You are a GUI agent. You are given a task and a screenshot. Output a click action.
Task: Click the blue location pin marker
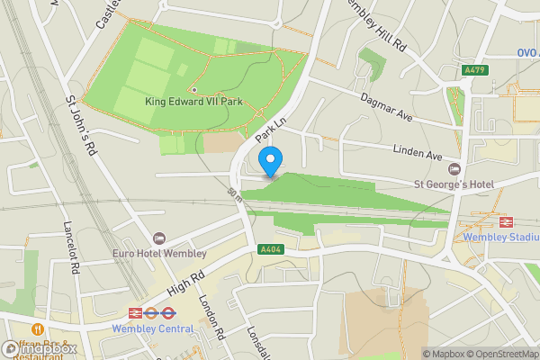[270, 160]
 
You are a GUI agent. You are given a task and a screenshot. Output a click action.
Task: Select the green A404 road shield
[268, 249]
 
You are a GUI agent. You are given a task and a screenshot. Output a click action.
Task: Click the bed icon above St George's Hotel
[454, 169]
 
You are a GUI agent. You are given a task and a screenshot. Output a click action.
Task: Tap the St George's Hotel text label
[454, 184]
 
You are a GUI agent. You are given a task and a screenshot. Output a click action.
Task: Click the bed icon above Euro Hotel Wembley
[159, 238]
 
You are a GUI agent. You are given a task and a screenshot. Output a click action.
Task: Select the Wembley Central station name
[152, 328]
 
